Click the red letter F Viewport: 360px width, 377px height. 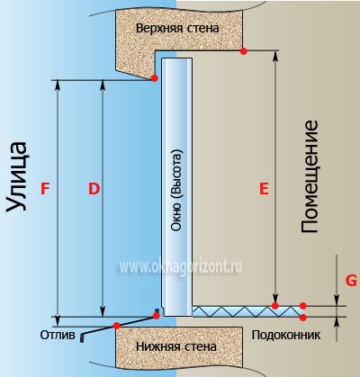click(x=45, y=189)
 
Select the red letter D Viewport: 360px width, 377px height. click(x=94, y=189)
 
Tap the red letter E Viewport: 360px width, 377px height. click(x=264, y=189)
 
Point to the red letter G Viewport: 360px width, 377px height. click(x=351, y=281)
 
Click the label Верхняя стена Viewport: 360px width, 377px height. click(x=177, y=29)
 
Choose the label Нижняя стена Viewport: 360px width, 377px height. click(x=176, y=346)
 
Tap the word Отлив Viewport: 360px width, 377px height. click(x=58, y=335)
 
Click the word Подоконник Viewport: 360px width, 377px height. click(x=286, y=335)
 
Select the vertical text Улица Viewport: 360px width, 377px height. click(x=17, y=176)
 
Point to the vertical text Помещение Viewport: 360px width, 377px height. click(x=309, y=176)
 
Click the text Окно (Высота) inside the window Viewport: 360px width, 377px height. click(x=176, y=190)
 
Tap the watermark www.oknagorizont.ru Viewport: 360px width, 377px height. click(x=180, y=266)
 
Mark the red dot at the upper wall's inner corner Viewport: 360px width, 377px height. click(x=244, y=51)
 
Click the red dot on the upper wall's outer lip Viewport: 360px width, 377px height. click(x=155, y=78)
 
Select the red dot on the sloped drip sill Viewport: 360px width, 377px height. click(x=117, y=326)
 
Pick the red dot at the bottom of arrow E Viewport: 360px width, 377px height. click(x=275, y=306)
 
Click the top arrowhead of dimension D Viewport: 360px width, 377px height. click(x=103, y=85)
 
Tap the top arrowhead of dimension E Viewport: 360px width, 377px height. click(x=275, y=56)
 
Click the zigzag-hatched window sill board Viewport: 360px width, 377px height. click(x=246, y=311)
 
